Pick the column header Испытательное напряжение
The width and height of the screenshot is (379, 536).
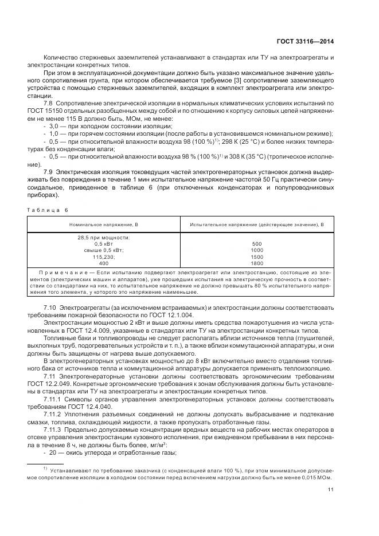(x=256, y=224)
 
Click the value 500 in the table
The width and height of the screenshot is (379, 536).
(x=256, y=243)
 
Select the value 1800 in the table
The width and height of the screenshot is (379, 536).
(x=256, y=263)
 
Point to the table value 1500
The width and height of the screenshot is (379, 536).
(x=256, y=257)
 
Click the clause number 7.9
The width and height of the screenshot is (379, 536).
(x=49, y=172)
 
